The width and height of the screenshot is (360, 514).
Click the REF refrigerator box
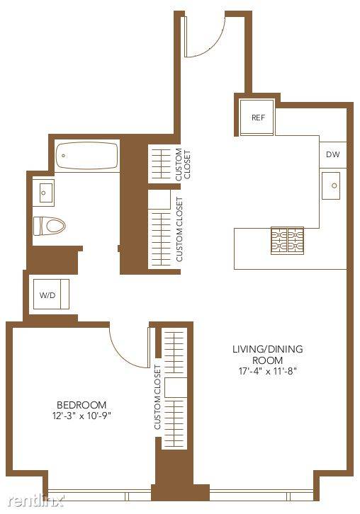[x=257, y=117]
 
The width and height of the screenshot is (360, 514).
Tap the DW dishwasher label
[x=332, y=155]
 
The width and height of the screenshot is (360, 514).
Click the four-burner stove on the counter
[x=286, y=241]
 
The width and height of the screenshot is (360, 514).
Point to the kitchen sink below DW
[x=332, y=186]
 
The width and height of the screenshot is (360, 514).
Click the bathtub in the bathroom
[x=86, y=155]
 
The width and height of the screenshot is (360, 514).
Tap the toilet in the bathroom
[x=49, y=226]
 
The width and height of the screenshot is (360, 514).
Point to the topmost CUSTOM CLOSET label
[x=182, y=164]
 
